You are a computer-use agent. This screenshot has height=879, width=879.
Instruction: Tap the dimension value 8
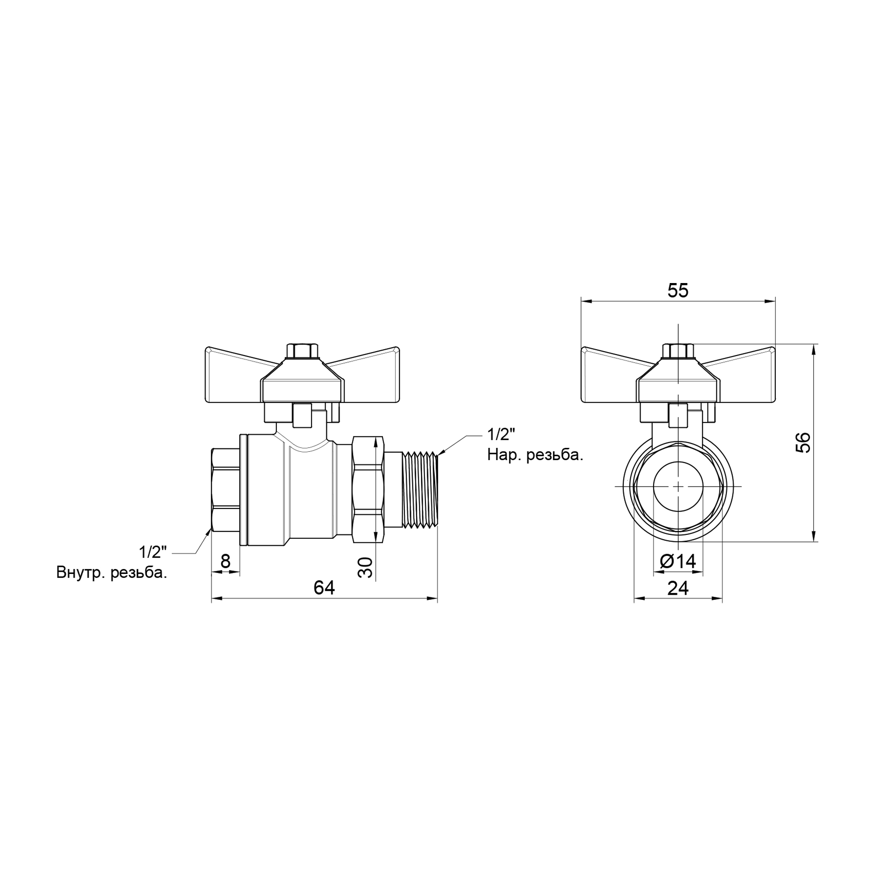click(x=225, y=562)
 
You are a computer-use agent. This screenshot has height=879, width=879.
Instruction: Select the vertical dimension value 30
click(x=365, y=567)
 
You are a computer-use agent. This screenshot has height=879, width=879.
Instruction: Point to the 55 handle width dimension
click(x=678, y=291)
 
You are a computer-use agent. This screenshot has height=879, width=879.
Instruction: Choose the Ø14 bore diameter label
click(x=678, y=561)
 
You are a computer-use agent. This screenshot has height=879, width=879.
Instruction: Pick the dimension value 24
click(x=678, y=588)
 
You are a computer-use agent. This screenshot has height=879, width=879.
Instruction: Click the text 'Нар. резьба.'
click(x=535, y=455)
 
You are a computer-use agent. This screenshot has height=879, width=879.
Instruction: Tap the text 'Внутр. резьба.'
click(x=112, y=573)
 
